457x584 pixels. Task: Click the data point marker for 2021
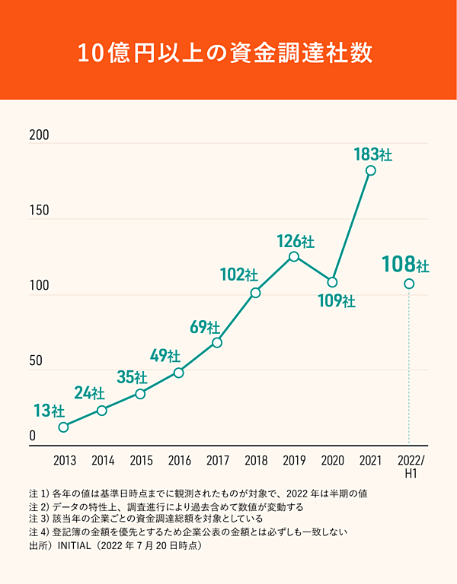pyautogui.click(x=371, y=170)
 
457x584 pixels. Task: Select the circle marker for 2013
pyautogui.click(x=63, y=427)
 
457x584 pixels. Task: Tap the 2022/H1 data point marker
pyautogui.click(x=409, y=284)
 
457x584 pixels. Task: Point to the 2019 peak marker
pyautogui.click(x=294, y=256)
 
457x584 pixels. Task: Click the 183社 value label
pyautogui.click(x=372, y=154)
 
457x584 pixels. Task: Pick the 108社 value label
pyautogui.click(x=405, y=265)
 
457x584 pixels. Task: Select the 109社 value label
pyautogui.click(x=336, y=301)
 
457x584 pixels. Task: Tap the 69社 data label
pyautogui.click(x=204, y=328)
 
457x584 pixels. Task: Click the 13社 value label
pyautogui.click(x=49, y=411)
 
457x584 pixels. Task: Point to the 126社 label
pyautogui.click(x=295, y=241)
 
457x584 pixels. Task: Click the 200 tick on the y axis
pyautogui.click(x=39, y=135)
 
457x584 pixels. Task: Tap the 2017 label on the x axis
pyautogui.click(x=217, y=461)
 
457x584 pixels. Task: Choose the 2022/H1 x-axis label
pyautogui.click(x=412, y=467)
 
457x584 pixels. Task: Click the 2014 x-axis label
pyautogui.click(x=103, y=461)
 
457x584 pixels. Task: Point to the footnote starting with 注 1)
pyautogui.click(x=199, y=493)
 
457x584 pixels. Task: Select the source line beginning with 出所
pyautogui.click(x=114, y=545)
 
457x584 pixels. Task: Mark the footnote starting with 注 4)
pyautogui.click(x=187, y=532)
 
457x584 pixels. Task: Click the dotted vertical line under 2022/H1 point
pyautogui.click(x=409, y=365)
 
